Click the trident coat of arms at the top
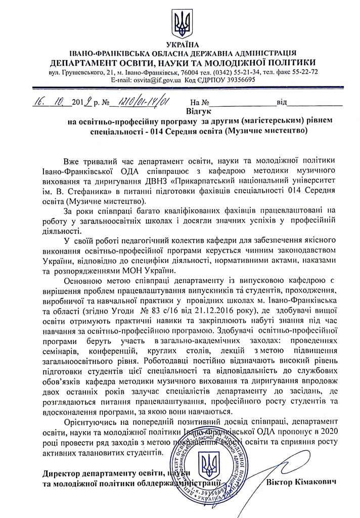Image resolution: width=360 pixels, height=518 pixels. click(x=180, y=23)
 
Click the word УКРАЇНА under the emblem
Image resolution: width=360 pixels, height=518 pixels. click(x=179, y=45)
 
